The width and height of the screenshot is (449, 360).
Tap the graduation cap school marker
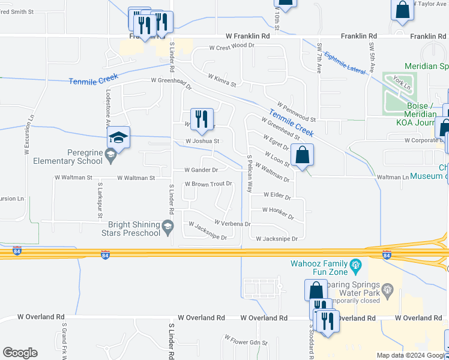(x=119, y=139)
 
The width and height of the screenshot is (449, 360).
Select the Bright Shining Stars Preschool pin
(x=169, y=226)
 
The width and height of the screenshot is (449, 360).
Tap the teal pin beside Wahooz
(x=355, y=264)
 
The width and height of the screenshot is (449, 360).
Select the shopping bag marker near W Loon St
(x=304, y=155)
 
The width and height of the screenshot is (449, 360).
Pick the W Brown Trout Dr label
(x=208, y=184)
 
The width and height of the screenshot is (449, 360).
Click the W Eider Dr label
(x=277, y=196)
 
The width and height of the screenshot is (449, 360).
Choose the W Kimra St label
(x=223, y=80)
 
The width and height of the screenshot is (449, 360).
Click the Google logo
(x=20, y=353)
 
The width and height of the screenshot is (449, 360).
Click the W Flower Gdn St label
(x=247, y=342)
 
